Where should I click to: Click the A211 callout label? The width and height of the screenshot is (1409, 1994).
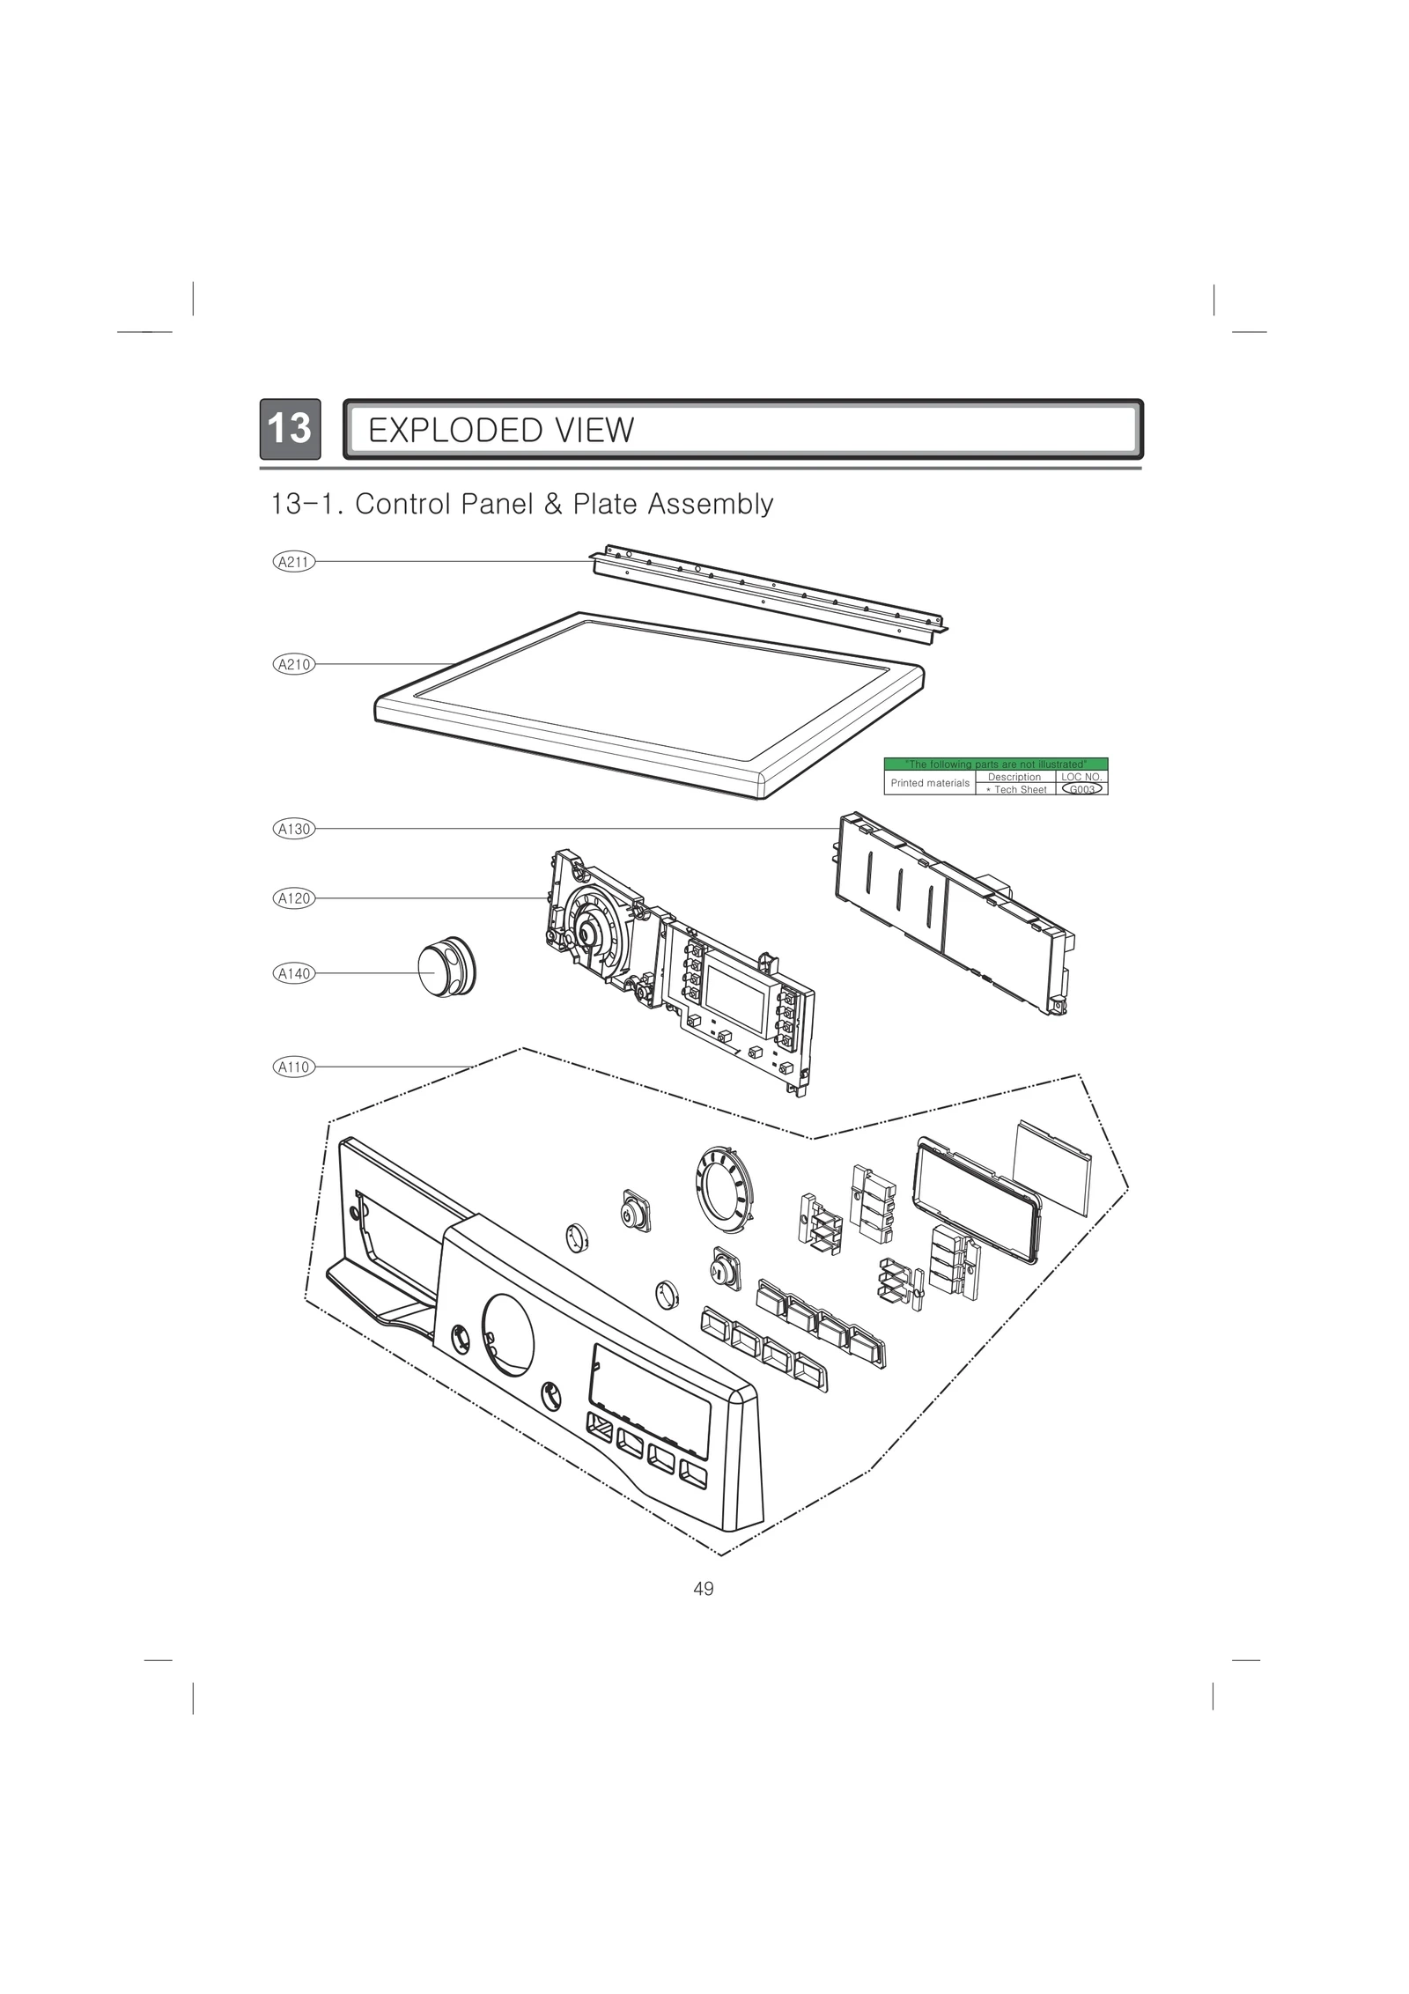click(x=294, y=561)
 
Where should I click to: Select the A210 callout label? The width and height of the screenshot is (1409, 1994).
click(x=294, y=664)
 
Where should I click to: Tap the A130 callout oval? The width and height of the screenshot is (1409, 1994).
click(x=294, y=829)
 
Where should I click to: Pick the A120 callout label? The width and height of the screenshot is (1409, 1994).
click(x=294, y=898)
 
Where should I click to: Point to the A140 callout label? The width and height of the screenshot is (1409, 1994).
click(x=294, y=973)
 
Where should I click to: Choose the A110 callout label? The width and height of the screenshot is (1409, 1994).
click(x=294, y=1067)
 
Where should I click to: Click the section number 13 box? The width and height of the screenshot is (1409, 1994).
click(x=289, y=429)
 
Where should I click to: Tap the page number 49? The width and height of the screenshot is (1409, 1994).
click(x=704, y=1589)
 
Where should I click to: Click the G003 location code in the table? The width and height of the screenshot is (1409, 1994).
click(x=1081, y=789)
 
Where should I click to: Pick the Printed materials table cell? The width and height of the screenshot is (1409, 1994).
click(x=930, y=783)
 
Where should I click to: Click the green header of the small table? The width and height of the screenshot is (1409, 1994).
click(x=995, y=764)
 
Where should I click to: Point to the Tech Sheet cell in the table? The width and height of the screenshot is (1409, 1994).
click(x=1016, y=789)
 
